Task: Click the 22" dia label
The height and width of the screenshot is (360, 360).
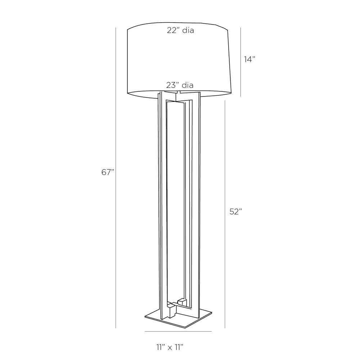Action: point(180,30)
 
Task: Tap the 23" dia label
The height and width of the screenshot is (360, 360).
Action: point(180,85)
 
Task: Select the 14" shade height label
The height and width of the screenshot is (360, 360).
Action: point(249,59)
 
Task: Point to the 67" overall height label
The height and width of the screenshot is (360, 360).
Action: point(108,172)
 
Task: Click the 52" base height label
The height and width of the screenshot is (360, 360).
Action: point(236,211)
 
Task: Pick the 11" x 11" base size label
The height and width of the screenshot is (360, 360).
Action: point(170,347)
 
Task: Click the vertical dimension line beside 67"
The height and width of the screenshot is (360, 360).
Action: point(116,178)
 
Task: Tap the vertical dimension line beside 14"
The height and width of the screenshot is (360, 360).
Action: point(240,62)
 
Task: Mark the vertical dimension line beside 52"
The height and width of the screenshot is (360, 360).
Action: point(225,214)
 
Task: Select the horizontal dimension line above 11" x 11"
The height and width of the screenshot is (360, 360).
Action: point(178,331)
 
